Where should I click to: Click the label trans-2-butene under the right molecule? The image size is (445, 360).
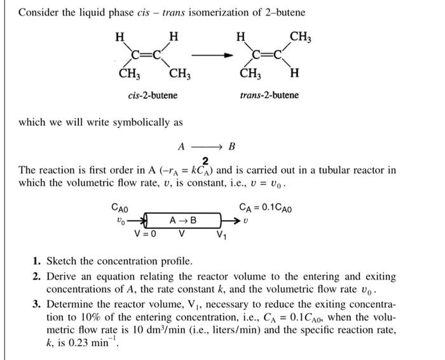[269, 95]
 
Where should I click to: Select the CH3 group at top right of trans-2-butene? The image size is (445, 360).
[301, 36]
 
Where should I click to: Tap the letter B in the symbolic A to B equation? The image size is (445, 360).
[231, 146]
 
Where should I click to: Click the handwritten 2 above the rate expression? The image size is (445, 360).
[205, 160]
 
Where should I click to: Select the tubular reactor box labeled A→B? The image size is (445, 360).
[183, 221]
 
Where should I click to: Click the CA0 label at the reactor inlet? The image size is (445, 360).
[120, 207]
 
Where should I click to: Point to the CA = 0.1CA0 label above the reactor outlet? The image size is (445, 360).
[266, 207]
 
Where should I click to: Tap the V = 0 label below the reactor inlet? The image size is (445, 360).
[146, 233]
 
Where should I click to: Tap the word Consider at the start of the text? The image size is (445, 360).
[39, 13]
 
